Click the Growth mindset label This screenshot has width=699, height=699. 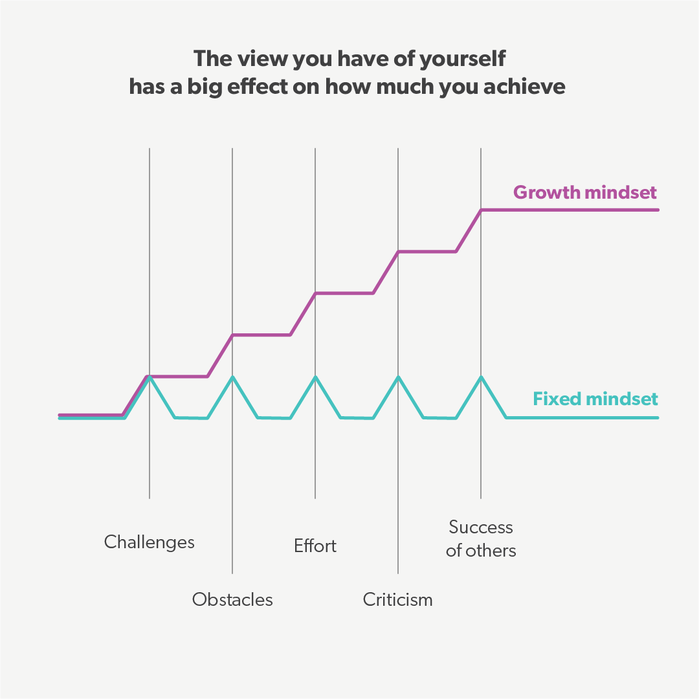click(x=584, y=192)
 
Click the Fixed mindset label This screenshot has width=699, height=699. click(x=595, y=399)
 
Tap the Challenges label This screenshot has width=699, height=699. click(x=150, y=542)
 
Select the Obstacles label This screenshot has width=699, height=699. click(x=232, y=599)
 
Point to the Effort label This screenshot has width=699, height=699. click(x=315, y=546)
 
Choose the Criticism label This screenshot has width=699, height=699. click(x=397, y=599)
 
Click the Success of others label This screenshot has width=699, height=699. click(x=481, y=538)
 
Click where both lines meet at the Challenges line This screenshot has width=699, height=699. click(x=150, y=376)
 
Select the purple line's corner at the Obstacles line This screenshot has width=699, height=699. click(x=232, y=335)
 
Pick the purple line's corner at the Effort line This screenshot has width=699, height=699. click(x=315, y=293)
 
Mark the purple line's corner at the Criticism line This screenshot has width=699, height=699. click(x=398, y=251)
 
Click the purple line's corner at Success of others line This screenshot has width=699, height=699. click(x=481, y=210)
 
